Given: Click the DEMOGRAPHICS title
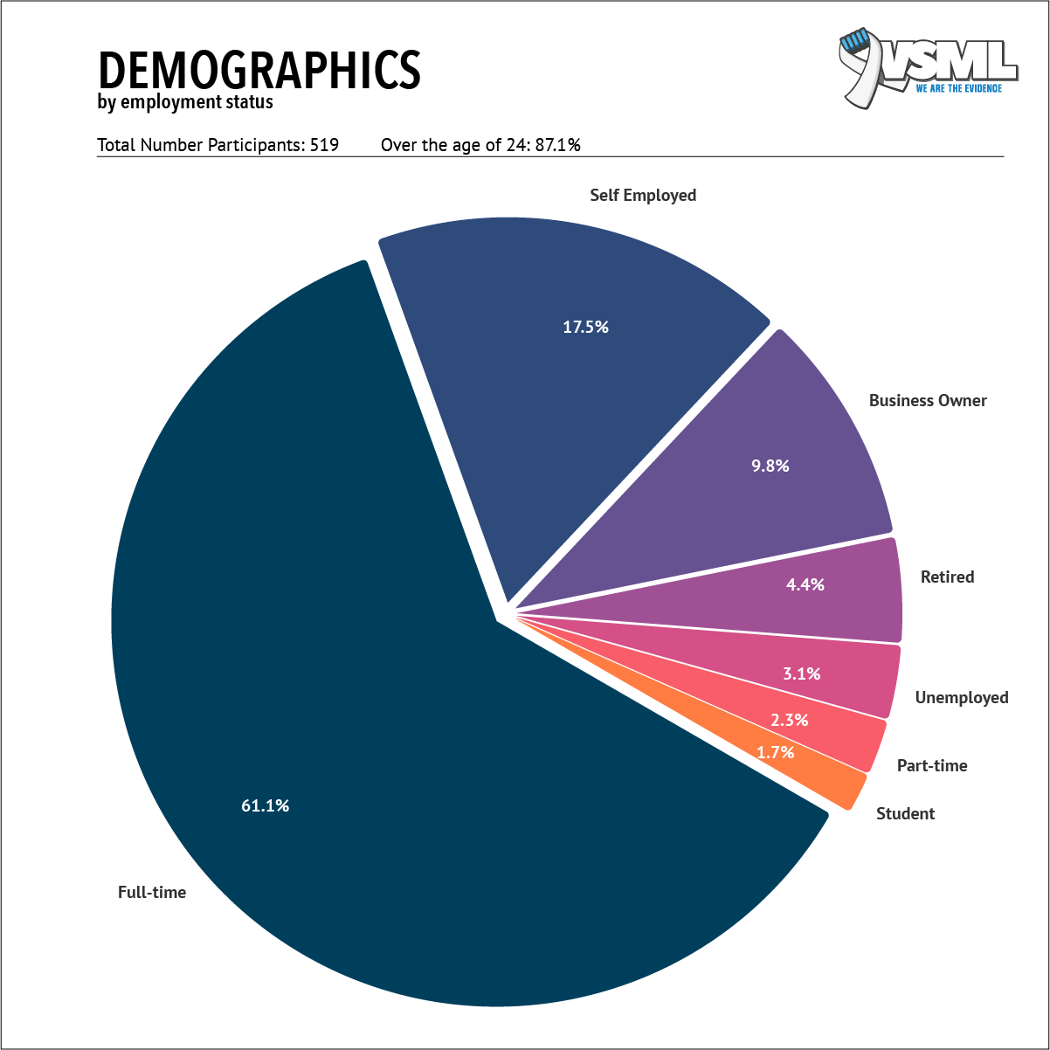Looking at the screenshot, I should (259, 70).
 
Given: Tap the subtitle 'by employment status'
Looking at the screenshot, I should (185, 102).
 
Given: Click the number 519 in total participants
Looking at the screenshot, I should (324, 145).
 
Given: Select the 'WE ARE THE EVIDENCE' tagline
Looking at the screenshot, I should (958, 88).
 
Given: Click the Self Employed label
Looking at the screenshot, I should (643, 195).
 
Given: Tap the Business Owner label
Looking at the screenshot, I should (928, 400).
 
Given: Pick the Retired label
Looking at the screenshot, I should (947, 577).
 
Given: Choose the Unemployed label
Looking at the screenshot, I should (961, 697).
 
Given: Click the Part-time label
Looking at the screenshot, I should (932, 765).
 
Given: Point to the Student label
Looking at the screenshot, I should (905, 813).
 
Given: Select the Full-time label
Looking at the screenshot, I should (152, 892).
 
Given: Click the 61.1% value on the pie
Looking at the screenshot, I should (266, 805).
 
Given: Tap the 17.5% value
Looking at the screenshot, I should (585, 328).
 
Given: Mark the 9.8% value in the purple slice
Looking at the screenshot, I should (770, 466).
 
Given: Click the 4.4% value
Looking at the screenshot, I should (805, 584).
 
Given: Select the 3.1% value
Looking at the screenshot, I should (801, 674).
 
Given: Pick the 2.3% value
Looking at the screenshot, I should (789, 720).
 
